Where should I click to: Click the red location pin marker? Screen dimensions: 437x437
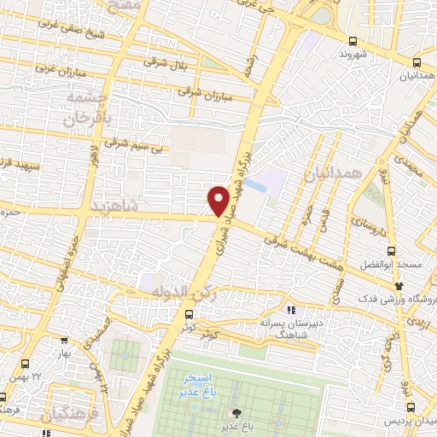[x=218, y=200]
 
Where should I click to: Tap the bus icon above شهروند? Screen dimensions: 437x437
[x=353, y=40]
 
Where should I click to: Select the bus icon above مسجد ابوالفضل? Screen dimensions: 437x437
[x=391, y=251]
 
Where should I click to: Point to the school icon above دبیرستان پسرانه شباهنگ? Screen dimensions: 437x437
[x=290, y=310]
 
